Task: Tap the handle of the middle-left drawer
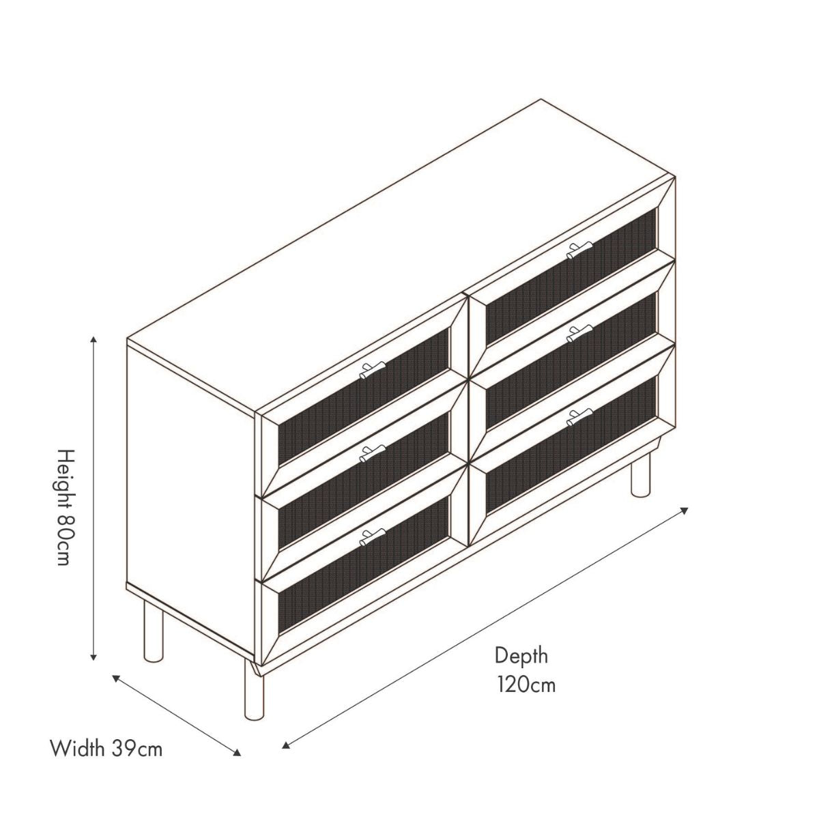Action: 373,453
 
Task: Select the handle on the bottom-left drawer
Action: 373,537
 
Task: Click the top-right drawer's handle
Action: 579,250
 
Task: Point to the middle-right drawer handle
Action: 579,334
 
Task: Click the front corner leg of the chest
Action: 254,695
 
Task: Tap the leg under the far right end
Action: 640,474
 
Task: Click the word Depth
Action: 521,667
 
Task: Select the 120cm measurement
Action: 527,697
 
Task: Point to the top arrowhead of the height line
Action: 94,339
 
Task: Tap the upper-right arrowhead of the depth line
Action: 684,511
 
